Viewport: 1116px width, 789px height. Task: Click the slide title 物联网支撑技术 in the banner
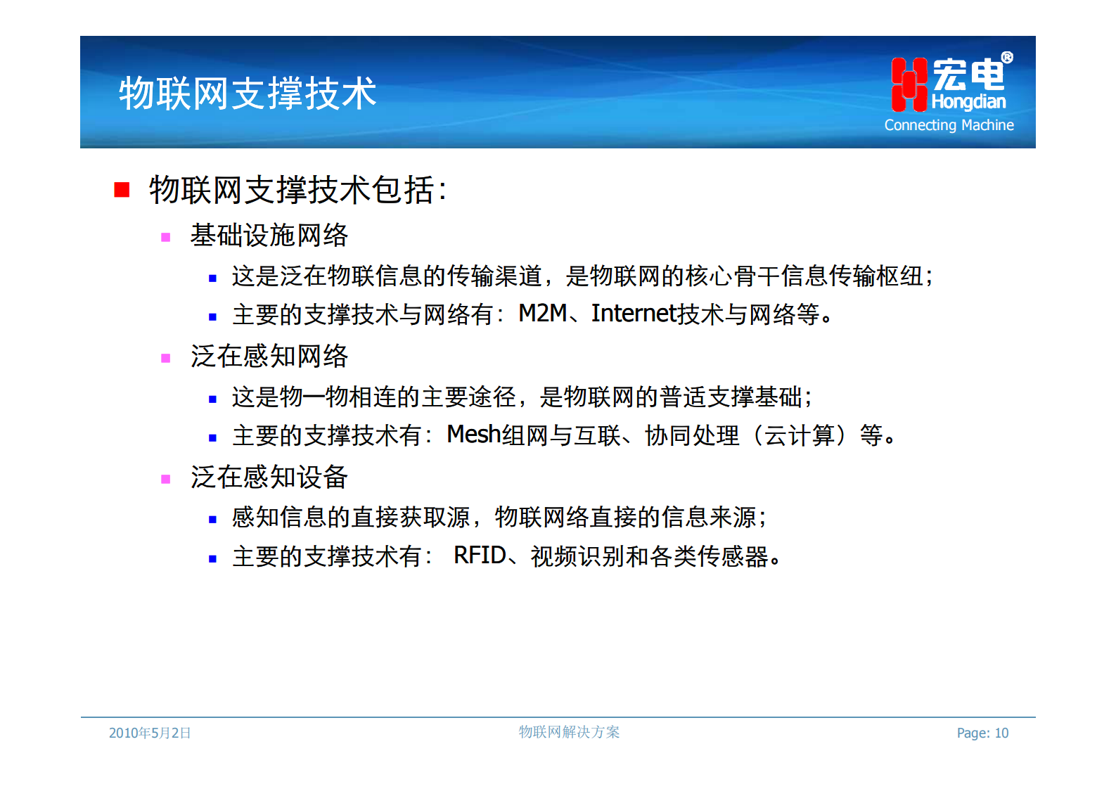pyautogui.click(x=248, y=94)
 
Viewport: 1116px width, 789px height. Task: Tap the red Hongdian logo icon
pyautogui.click(x=909, y=85)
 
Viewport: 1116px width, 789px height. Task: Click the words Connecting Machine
pyautogui.click(x=949, y=125)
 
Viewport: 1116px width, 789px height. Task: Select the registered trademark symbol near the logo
pyautogui.click(x=1007, y=58)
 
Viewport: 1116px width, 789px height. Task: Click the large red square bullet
pyautogui.click(x=122, y=190)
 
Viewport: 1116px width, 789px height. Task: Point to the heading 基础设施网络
pyautogui.click(x=269, y=236)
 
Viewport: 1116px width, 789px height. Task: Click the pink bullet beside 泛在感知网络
pyautogui.click(x=166, y=358)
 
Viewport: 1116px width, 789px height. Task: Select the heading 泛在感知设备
pyautogui.click(x=269, y=477)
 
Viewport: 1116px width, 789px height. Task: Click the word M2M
pyautogui.click(x=542, y=314)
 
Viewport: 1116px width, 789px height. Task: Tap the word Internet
pyautogui.click(x=633, y=314)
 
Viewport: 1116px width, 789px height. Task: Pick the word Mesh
pyautogui.click(x=473, y=435)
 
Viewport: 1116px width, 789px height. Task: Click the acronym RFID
pyautogui.click(x=480, y=556)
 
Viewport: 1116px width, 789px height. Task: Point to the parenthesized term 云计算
pyautogui.click(x=800, y=435)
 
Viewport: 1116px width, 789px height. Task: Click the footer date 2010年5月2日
pyautogui.click(x=150, y=733)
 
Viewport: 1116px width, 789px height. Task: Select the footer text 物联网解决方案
pyautogui.click(x=569, y=732)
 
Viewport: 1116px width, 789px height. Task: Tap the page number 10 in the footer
pyautogui.click(x=1001, y=733)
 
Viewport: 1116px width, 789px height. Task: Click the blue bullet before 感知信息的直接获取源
pyautogui.click(x=212, y=520)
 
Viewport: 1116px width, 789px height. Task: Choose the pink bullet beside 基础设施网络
pyautogui.click(x=166, y=237)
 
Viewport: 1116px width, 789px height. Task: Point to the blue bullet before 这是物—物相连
pyautogui.click(x=212, y=399)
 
